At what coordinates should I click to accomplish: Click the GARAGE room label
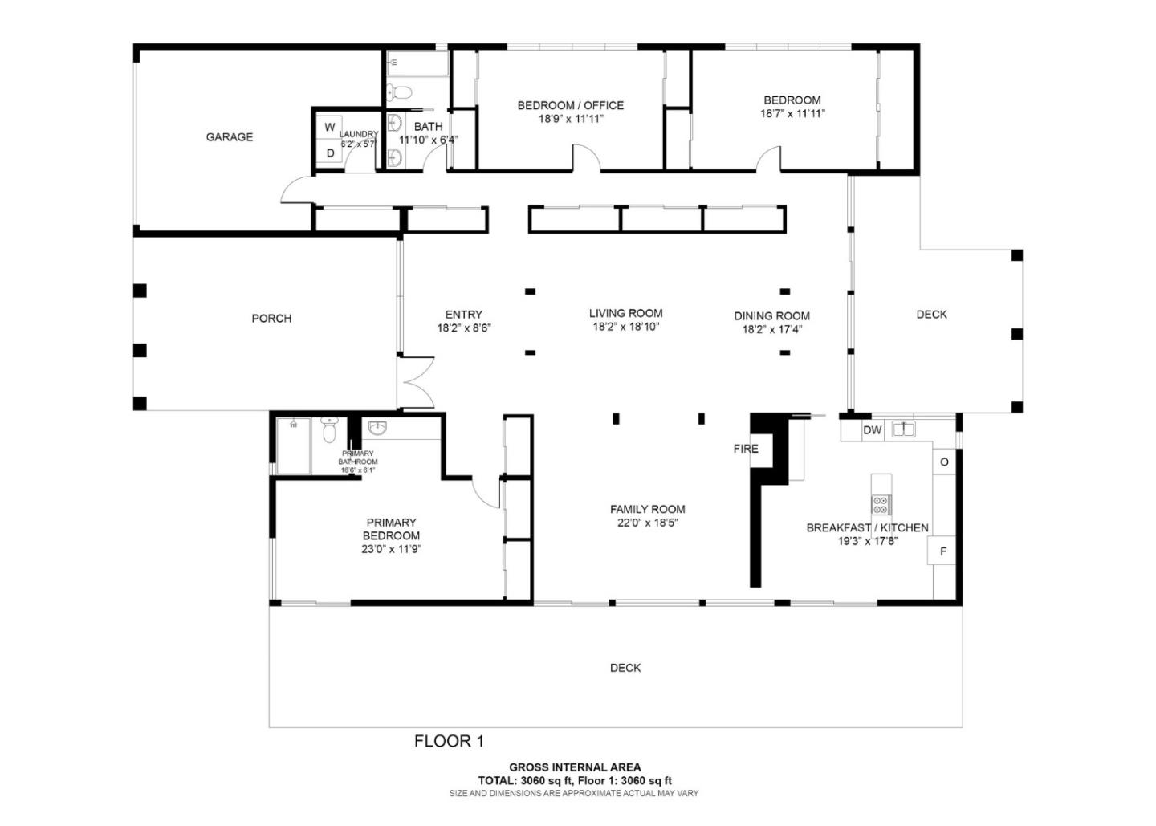[x=230, y=136]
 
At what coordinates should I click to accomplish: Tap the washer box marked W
[x=330, y=126]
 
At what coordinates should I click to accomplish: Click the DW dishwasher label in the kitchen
[x=873, y=430]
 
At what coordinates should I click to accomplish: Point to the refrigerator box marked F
[x=942, y=551]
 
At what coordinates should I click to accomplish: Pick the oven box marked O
[x=944, y=462]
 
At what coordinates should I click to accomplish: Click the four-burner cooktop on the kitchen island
[x=881, y=504]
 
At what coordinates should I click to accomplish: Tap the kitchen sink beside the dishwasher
[x=904, y=429]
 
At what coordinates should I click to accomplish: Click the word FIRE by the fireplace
[x=746, y=449]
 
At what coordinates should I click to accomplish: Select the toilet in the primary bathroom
[x=329, y=429]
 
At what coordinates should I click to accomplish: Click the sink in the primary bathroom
[x=378, y=428]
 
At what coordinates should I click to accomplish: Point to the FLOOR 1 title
[x=449, y=742]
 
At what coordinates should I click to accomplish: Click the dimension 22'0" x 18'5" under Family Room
[x=647, y=523]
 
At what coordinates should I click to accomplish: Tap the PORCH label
[x=271, y=319]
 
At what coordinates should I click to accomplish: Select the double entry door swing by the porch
[x=418, y=383]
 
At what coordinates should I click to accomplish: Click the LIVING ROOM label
[x=626, y=313]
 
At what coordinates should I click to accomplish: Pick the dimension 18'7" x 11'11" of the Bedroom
[x=792, y=113]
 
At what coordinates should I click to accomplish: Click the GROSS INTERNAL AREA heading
[x=575, y=767]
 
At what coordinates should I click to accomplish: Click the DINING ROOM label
[x=772, y=315]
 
